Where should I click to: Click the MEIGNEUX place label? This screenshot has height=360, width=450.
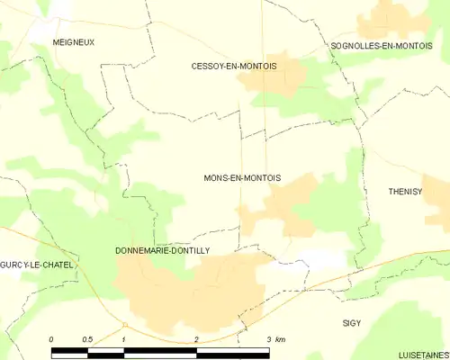click(74, 42)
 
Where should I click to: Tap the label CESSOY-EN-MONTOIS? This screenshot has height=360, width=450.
click(234, 67)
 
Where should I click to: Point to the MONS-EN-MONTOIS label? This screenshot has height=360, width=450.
click(242, 178)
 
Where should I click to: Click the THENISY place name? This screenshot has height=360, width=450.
click(404, 192)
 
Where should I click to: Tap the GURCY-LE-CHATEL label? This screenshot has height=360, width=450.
click(37, 265)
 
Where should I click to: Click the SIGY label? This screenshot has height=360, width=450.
click(352, 321)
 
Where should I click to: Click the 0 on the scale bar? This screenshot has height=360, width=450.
click(51, 338)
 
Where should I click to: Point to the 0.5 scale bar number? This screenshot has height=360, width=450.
click(86, 338)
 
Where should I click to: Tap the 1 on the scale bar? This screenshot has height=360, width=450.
click(123, 338)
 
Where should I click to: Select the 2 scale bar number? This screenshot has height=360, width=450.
click(196, 338)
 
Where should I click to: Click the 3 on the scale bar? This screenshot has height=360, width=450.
click(268, 338)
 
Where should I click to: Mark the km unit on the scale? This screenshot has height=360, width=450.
click(281, 338)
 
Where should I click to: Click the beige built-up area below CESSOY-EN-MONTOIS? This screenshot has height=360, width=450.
click(270, 81)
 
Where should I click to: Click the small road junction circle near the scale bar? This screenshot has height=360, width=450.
click(125, 325)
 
